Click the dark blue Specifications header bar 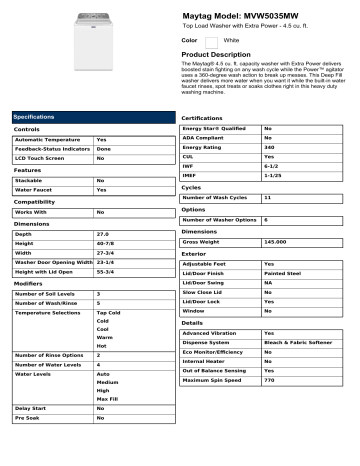pyautogui.click(x=88, y=117)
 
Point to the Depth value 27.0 pyautogui.click(x=102, y=232)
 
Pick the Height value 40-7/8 pyautogui.click(x=105, y=243)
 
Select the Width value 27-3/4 pyautogui.click(x=105, y=253)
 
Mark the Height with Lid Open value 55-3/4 pyautogui.click(x=105, y=273)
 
